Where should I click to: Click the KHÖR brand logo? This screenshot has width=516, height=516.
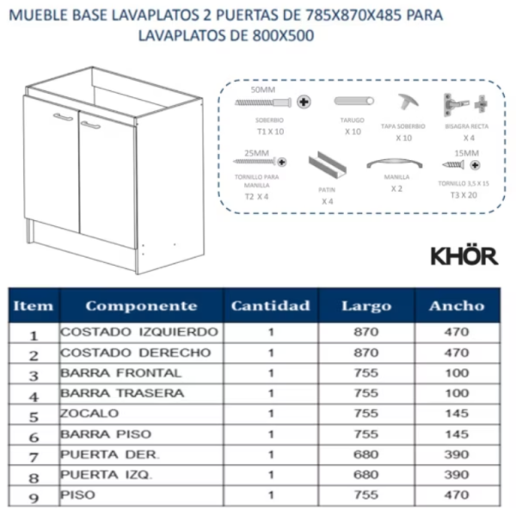(x=464, y=255)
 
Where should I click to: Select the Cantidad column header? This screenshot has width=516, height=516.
(x=271, y=305)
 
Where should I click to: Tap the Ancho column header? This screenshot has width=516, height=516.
(x=457, y=305)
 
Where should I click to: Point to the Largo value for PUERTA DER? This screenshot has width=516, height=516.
(x=365, y=454)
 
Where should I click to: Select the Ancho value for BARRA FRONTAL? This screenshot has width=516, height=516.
(x=457, y=373)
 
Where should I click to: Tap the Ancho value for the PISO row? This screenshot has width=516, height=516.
(x=457, y=495)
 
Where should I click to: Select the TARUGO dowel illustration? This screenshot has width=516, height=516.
(x=353, y=101)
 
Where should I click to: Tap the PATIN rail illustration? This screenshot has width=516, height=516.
(x=327, y=164)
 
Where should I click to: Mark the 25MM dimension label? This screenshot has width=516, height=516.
(x=256, y=151)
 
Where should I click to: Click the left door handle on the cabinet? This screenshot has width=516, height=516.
(x=62, y=117)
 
